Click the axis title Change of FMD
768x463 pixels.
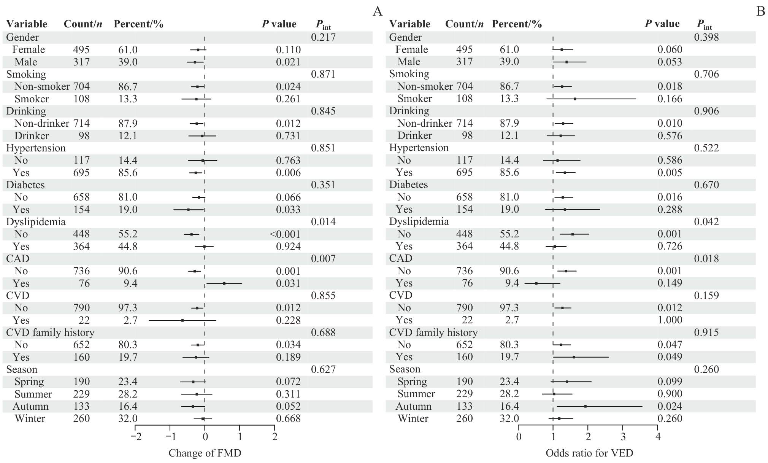coord(205,453)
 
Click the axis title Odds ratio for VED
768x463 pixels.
coord(589,453)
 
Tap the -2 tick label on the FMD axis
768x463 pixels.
coord(135,436)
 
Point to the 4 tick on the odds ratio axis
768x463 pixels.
coord(658,436)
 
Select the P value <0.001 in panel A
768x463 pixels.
coord(285,234)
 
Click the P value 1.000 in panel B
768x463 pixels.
coord(670,320)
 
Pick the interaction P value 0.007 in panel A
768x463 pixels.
coord(323,259)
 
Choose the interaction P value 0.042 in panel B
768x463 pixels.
coord(706,222)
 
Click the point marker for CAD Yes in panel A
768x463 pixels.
coord(224,283)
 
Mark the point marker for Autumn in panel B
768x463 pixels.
coord(585,406)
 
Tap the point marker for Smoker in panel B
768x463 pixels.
coord(575,99)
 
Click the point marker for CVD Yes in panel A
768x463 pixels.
coord(182,320)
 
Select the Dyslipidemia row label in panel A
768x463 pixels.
coord(36,222)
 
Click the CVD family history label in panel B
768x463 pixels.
coord(433,333)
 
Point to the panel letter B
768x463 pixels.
coord(760,11)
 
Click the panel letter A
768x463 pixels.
coord(377,11)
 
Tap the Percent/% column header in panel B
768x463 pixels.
coord(517,24)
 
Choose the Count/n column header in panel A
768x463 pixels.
coord(83,24)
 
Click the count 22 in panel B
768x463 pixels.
coord(465,320)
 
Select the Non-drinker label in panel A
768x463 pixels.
coord(42,123)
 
